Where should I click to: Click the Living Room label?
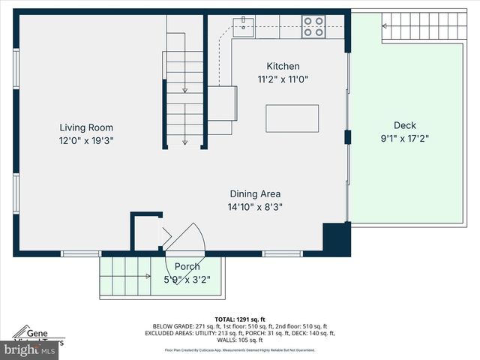pyautogui.click(x=87, y=127)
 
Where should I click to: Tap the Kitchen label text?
pyautogui.click(x=283, y=66)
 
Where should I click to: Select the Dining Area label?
pyautogui.click(x=255, y=194)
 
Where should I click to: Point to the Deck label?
pyautogui.click(x=405, y=125)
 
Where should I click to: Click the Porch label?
pyautogui.click(x=187, y=266)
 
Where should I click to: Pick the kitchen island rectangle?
pyautogui.click(x=292, y=118)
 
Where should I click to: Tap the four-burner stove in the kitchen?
pyautogui.click(x=313, y=26)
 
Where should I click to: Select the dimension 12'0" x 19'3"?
pyautogui.click(x=87, y=140)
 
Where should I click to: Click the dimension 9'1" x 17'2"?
pyautogui.click(x=405, y=138)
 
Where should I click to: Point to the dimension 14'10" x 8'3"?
pyautogui.click(x=255, y=207)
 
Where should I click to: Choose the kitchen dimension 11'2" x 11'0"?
pyautogui.click(x=283, y=79)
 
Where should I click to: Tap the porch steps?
pyautogui.click(x=124, y=276)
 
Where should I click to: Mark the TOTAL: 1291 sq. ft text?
pyautogui.click(x=239, y=319)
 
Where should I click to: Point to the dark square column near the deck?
pyautogui.click(x=336, y=238)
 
